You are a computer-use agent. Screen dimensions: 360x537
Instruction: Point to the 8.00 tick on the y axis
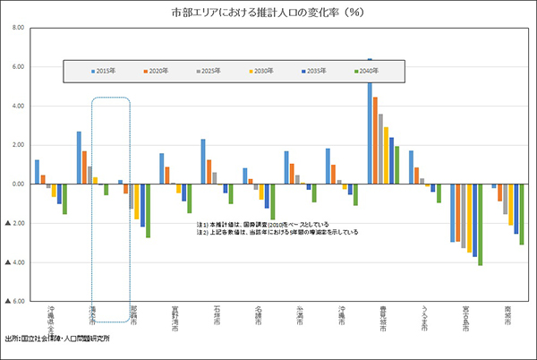[x=17, y=28]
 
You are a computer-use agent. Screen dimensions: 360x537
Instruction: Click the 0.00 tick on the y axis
[x=17, y=184]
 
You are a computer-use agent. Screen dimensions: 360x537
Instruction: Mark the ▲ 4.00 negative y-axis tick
[x=14, y=261]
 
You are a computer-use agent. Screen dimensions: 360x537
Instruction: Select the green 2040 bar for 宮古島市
[x=481, y=225]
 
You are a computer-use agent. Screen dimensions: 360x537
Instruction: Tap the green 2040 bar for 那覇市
[x=148, y=210]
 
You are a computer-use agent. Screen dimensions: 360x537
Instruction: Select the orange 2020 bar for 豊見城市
[x=375, y=140]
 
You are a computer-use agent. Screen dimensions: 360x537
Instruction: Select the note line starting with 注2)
[x=277, y=232]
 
